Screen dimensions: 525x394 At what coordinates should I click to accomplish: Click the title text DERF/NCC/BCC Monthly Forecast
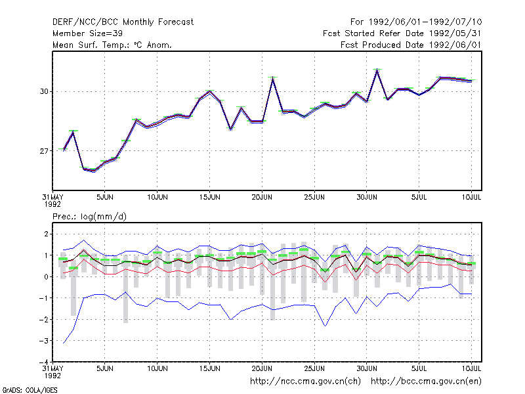[123, 22]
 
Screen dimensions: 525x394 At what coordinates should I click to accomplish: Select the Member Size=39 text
[87, 33]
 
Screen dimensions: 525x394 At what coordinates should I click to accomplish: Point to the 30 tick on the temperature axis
[44, 91]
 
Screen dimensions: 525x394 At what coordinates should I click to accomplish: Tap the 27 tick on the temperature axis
[44, 152]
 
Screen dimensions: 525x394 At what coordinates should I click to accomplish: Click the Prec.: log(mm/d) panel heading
[89, 217]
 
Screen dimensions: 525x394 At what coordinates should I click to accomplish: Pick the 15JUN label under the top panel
[209, 198]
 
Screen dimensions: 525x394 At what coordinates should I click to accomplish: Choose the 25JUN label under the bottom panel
[314, 368]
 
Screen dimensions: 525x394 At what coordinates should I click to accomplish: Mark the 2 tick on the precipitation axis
[46, 234]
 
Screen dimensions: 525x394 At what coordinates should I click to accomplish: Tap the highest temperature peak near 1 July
[377, 70]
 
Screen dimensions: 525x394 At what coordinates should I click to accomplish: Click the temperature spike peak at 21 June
[272, 77]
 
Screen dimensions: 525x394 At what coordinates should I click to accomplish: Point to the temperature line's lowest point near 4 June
[94, 171]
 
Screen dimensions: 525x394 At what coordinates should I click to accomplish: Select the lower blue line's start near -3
[63, 343]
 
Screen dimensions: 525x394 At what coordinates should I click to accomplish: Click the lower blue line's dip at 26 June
[325, 326]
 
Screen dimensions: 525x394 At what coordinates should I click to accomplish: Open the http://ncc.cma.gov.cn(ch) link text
[305, 382]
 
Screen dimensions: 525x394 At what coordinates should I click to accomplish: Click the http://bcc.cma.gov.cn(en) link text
[426, 382]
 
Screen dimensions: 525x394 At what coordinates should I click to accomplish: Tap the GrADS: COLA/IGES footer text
[30, 390]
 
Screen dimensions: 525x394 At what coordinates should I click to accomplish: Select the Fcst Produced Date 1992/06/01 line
[411, 45]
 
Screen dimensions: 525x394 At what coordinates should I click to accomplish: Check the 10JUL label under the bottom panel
[471, 368]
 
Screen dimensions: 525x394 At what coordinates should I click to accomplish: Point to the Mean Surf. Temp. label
[90, 45]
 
